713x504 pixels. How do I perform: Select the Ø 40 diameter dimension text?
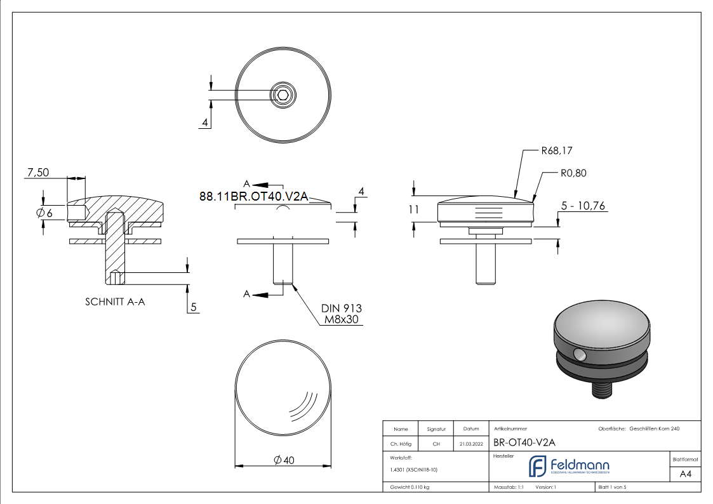(284, 460)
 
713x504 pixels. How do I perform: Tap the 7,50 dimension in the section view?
(38, 172)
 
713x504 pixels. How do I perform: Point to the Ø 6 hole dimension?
(45, 213)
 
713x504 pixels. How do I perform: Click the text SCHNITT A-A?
(115, 302)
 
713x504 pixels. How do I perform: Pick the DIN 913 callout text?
(341, 308)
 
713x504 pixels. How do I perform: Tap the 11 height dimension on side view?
(415, 209)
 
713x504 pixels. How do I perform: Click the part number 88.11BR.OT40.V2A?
(253, 197)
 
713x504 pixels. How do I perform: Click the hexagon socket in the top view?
(283, 96)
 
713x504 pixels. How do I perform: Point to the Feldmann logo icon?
(538, 466)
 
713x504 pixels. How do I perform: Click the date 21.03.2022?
(470, 444)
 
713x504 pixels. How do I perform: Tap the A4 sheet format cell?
(685, 474)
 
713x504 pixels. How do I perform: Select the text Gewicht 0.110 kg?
(410, 487)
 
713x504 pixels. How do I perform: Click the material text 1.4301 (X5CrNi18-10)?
(413, 470)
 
